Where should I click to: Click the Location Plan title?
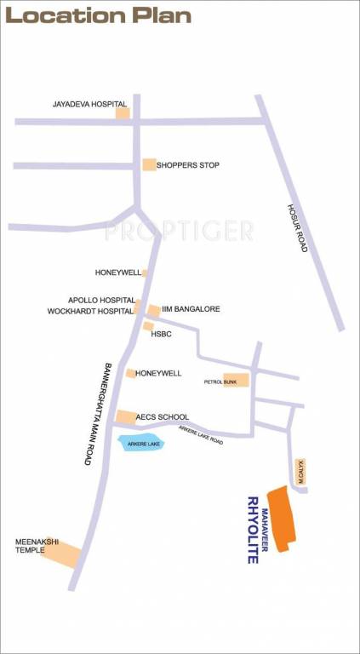click(x=98, y=15)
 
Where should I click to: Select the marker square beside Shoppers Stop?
click(x=150, y=164)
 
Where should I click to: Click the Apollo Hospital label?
click(x=101, y=301)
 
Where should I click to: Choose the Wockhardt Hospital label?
click(x=91, y=312)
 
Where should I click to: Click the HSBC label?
click(x=162, y=335)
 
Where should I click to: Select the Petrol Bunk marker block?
click(x=237, y=381)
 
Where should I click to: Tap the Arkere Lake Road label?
click(x=201, y=434)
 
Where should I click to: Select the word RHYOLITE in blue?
click(x=253, y=530)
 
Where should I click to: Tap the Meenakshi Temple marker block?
click(x=61, y=554)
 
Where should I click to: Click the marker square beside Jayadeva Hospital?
click(x=123, y=112)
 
